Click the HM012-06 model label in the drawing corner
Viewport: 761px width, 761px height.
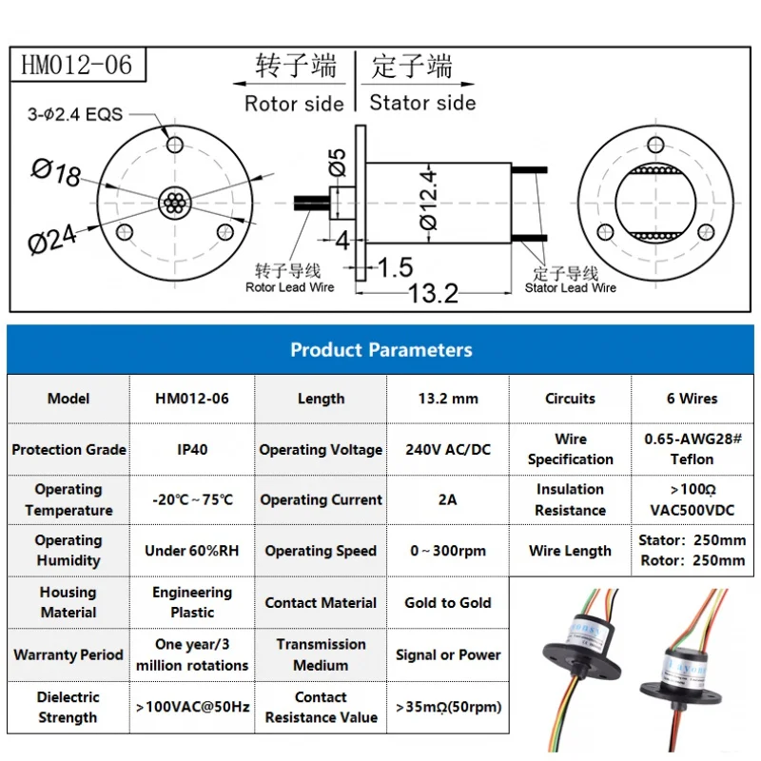pyautogui.click(x=77, y=66)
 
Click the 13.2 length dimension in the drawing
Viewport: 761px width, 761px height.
pyautogui.click(x=433, y=293)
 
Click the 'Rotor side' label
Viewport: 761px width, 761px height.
pyautogui.click(x=294, y=104)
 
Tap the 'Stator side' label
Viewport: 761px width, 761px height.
pyautogui.click(x=422, y=103)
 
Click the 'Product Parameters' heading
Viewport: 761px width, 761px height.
pyautogui.click(x=380, y=350)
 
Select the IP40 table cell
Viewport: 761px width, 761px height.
pyautogui.click(x=192, y=450)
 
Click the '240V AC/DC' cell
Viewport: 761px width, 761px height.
pyautogui.click(x=448, y=450)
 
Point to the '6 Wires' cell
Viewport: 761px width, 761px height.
pyautogui.click(x=692, y=399)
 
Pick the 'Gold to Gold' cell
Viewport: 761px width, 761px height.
pyautogui.click(x=448, y=603)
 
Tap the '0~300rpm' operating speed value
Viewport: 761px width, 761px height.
pyautogui.click(x=448, y=551)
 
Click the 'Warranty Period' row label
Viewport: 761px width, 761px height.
pyautogui.click(x=68, y=654)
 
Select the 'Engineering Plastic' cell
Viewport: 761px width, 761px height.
pyautogui.click(x=192, y=603)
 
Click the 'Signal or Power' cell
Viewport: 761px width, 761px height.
pyautogui.click(x=448, y=654)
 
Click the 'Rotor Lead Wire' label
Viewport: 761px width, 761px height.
pyautogui.click(x=290, y=287)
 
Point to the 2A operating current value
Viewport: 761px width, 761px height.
pyautogui.click(x=448, y=499)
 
